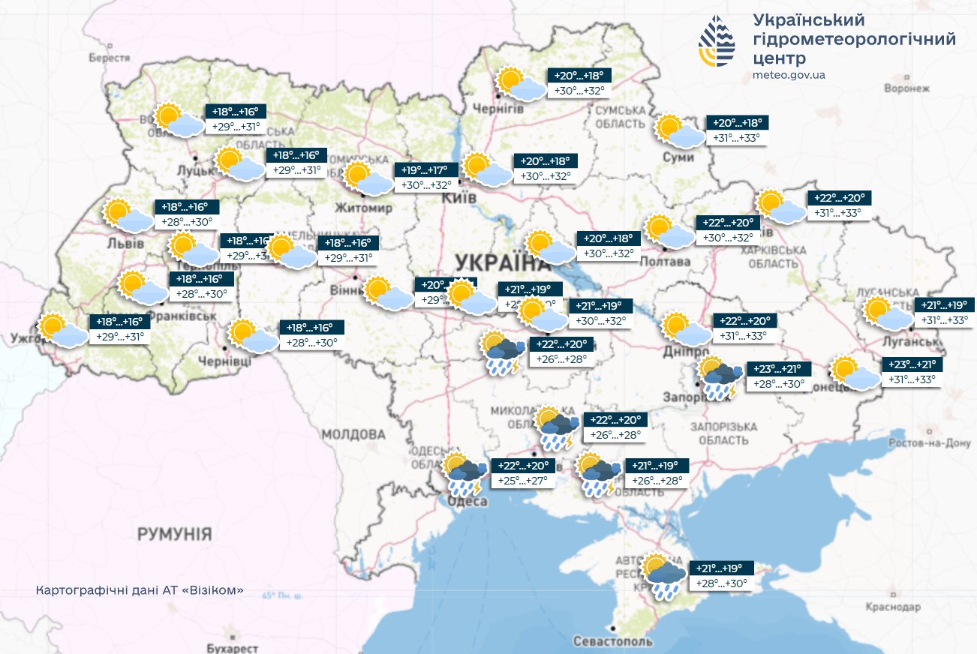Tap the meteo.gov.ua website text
click(x=789, y=75)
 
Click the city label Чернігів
click(x=497, y=109)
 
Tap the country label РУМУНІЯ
click(x=174, y=534)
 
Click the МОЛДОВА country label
click(x=353, y=434)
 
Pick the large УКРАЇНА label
click(x=499, y=263)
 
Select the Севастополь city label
click(x=612, y=641)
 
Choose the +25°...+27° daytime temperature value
click(x=522, y=480)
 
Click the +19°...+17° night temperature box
click(x=426, y=169)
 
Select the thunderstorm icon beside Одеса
click(x=464, y=474)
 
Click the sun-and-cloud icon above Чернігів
click(x=521, y=84)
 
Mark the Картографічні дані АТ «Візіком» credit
click(x=140, y=590)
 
